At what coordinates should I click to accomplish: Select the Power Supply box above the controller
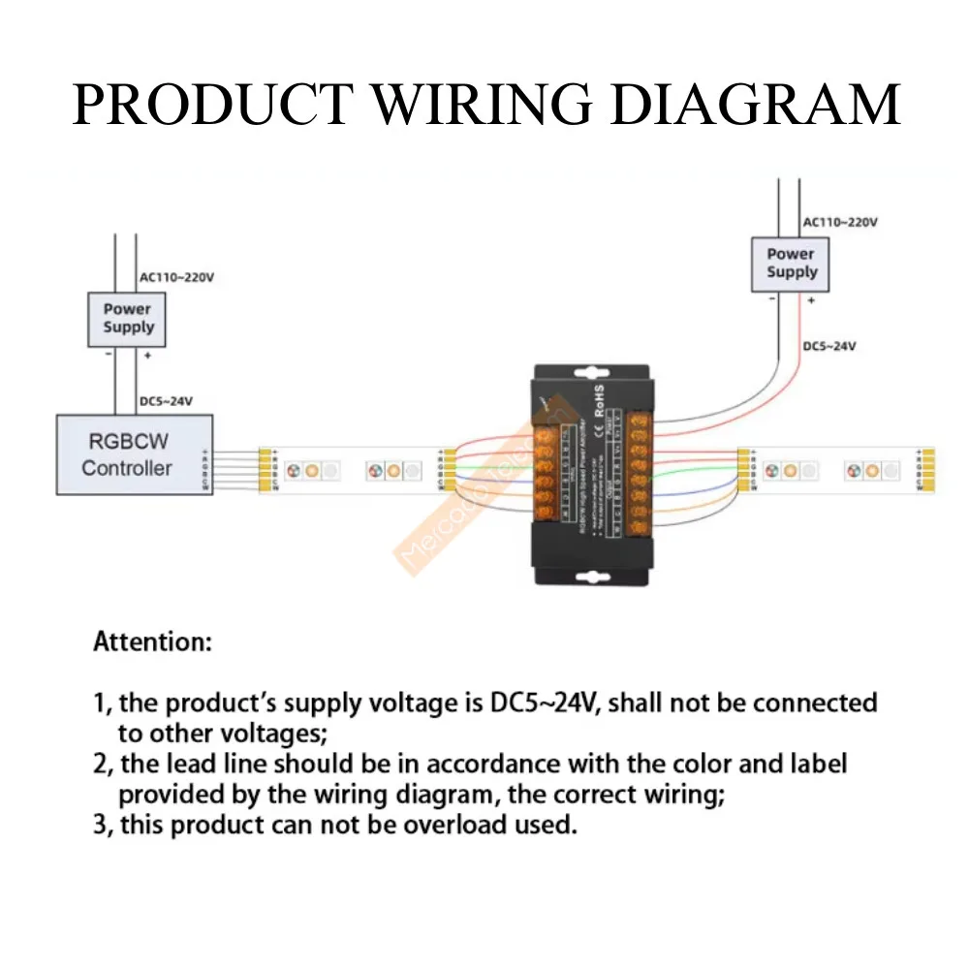[x=128, y=319]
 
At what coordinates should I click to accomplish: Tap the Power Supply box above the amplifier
[x=791, y=264]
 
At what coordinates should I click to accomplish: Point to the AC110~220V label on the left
[x=176, y=277]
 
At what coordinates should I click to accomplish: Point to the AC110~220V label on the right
[x=840, y=222]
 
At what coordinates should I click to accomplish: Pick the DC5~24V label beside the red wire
[x=829, y=346]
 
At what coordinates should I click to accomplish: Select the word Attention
[x=152, y=641]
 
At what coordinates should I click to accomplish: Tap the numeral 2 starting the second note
[x=101, y=765]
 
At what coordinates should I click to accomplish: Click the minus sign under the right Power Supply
[x=771, y=300]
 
